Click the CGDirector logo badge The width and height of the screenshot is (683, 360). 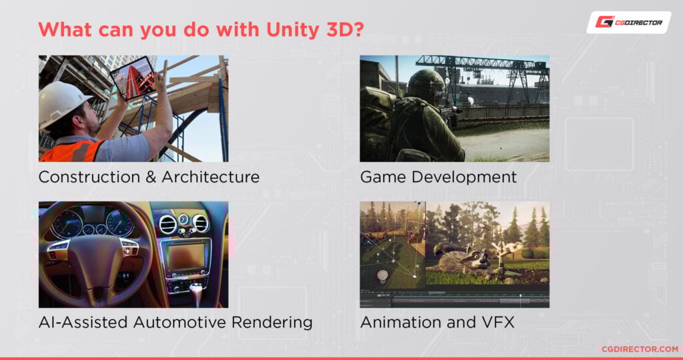629,22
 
